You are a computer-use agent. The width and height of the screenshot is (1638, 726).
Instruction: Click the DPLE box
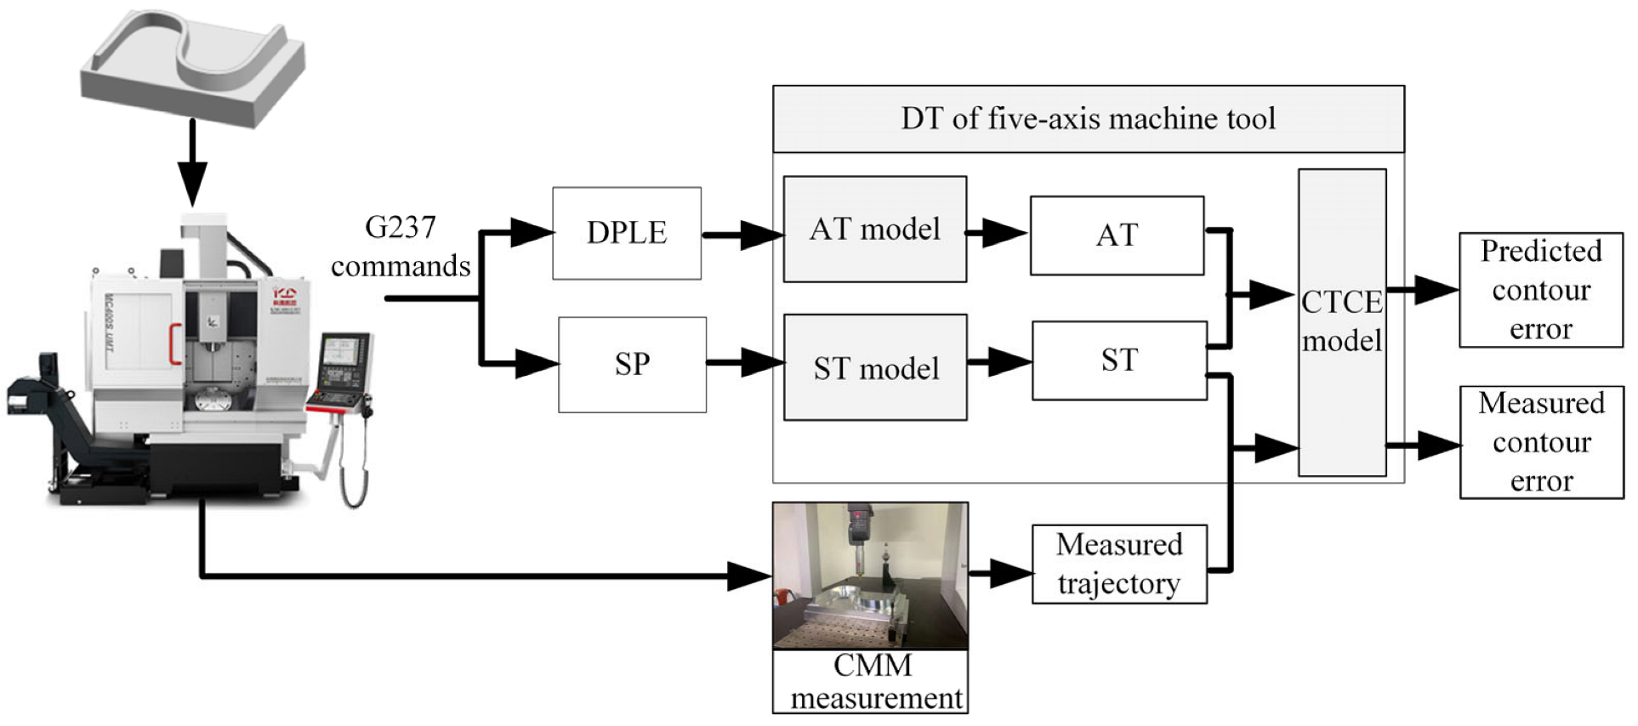(627, 233)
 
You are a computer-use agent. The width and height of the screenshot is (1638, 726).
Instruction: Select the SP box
(632, 365)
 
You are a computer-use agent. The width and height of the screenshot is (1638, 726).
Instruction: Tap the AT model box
(874, 230)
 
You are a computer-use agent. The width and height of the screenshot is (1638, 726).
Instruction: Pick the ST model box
(875, 368)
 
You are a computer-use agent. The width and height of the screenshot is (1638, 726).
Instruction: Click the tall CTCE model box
(1341, 323)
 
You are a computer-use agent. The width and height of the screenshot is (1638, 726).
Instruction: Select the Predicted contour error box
(1540, 290)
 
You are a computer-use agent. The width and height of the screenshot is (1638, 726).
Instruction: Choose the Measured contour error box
(1540, 442)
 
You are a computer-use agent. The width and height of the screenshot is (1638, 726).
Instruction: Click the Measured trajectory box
(1118, 564)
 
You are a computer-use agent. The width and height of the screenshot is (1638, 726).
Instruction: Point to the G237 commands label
(400, 247)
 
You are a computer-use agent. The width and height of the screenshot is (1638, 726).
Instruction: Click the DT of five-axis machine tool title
(1088, 118)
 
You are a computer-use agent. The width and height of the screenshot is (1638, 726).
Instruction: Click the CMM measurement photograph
(870, 576)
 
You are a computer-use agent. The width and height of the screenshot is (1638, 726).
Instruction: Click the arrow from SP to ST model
(744, 363)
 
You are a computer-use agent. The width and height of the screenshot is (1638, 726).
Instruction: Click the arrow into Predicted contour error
(1423, 290)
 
